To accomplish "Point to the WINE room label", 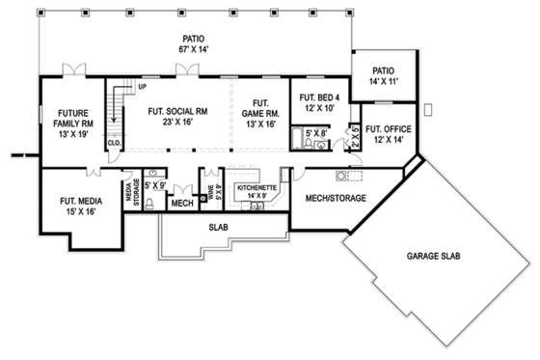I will pos(209,193).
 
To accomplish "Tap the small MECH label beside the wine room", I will pos(180,204).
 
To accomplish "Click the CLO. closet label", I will pos(113,143).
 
